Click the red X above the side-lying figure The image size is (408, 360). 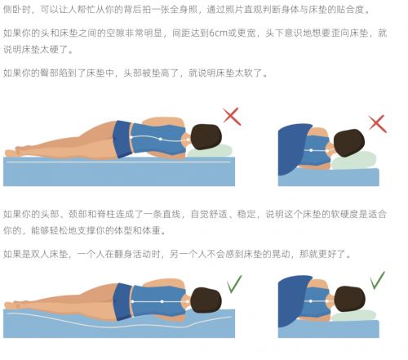point(232,117)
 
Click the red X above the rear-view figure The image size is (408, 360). point(377,124)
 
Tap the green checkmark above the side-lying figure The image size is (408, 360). point(234,284)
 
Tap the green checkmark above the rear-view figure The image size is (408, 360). point(377,280)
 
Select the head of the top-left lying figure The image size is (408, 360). point(206,137)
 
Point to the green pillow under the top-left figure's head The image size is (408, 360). point(210,151)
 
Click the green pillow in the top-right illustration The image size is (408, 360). point(353,161)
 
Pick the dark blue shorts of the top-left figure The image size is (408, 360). point(123,139)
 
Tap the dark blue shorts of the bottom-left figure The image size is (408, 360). point(123,301)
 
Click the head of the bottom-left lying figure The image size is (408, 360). point(206,300)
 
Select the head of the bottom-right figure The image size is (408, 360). point(349,299)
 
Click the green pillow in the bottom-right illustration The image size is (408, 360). point(353,316)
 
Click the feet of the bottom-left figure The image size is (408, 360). point(16,304)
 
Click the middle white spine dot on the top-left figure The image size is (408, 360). point(161,139)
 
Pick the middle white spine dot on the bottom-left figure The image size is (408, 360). point(162,301)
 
